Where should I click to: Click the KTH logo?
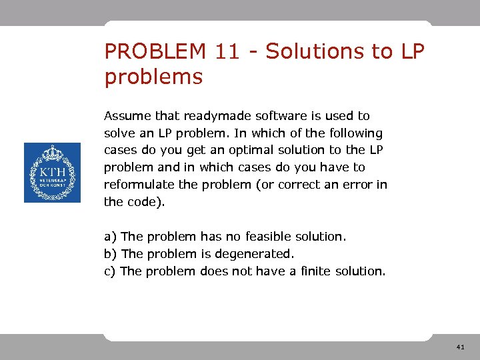pyautogui.click(x=52, y=173)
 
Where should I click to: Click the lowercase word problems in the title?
pyautogui.click(x=153, y=77)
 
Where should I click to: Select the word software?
pyautogui.click(x=278, y=116)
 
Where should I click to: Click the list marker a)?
pyautogui.click(x=110, y=237)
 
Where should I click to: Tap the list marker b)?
pyautogui.click(x=111, y=254)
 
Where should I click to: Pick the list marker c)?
pyautogui.click(x=110, y=271)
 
